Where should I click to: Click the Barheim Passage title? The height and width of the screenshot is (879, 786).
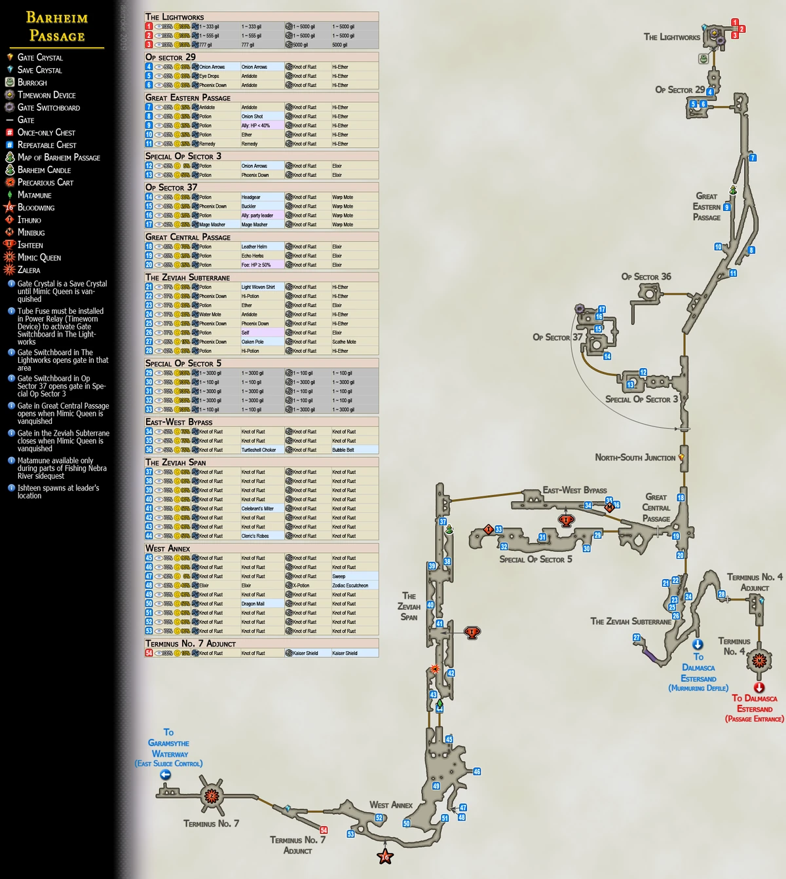coord(56,27)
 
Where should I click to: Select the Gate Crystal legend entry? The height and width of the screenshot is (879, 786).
coord(40,58)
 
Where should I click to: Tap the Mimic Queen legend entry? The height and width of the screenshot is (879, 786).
coord(39,257)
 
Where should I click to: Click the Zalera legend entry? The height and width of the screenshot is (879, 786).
coord(29,270)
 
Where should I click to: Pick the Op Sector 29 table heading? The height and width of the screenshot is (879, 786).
coord(170,58)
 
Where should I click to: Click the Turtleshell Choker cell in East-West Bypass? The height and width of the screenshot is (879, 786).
coord(259,450)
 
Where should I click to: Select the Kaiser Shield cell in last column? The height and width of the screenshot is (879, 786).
coord(345,653)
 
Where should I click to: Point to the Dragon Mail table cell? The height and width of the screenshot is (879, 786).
coord(253,604)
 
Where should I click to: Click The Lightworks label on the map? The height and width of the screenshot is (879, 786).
coord(671,37)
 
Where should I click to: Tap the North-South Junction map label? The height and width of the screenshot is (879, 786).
coord(635,458)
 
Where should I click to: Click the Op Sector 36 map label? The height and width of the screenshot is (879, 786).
coord(646,277)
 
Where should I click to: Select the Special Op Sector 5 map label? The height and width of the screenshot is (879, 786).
coord(535,559)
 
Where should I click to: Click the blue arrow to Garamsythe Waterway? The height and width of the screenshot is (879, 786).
coord(166,775)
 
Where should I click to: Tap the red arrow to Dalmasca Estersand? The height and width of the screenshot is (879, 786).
coord(759,688)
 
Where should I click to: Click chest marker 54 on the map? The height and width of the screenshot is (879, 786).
coord(324,830)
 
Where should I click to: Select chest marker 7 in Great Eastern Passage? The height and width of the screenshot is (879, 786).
coord(753,158)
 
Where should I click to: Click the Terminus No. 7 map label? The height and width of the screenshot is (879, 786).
coord(211,824)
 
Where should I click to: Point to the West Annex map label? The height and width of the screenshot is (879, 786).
coord(390,805)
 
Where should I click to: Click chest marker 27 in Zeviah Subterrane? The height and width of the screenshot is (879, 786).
coord(636,637)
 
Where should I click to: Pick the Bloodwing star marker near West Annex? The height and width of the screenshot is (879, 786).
coord(385,856)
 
